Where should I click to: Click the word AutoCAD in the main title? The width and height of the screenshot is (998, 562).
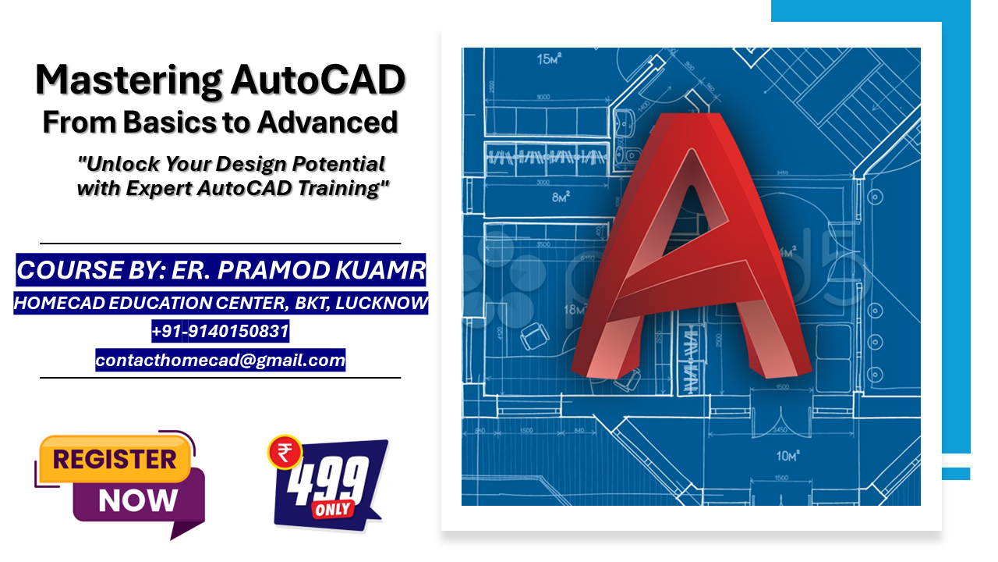tap(317, 80)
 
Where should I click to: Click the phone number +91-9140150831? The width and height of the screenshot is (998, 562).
tap(221, 332)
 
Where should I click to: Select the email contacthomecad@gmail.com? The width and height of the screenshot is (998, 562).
tap(221, 361)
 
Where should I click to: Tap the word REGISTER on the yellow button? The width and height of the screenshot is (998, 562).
tap(115, 460)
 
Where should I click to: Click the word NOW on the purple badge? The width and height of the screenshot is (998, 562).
tap(138, 500)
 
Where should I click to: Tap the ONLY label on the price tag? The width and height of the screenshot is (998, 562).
tap(334, 509)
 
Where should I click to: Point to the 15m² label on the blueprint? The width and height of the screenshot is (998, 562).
tap(551, 59)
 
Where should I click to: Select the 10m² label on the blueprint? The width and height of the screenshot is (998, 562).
tap(788, 455)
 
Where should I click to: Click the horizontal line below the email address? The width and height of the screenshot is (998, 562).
tap(220, 378)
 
